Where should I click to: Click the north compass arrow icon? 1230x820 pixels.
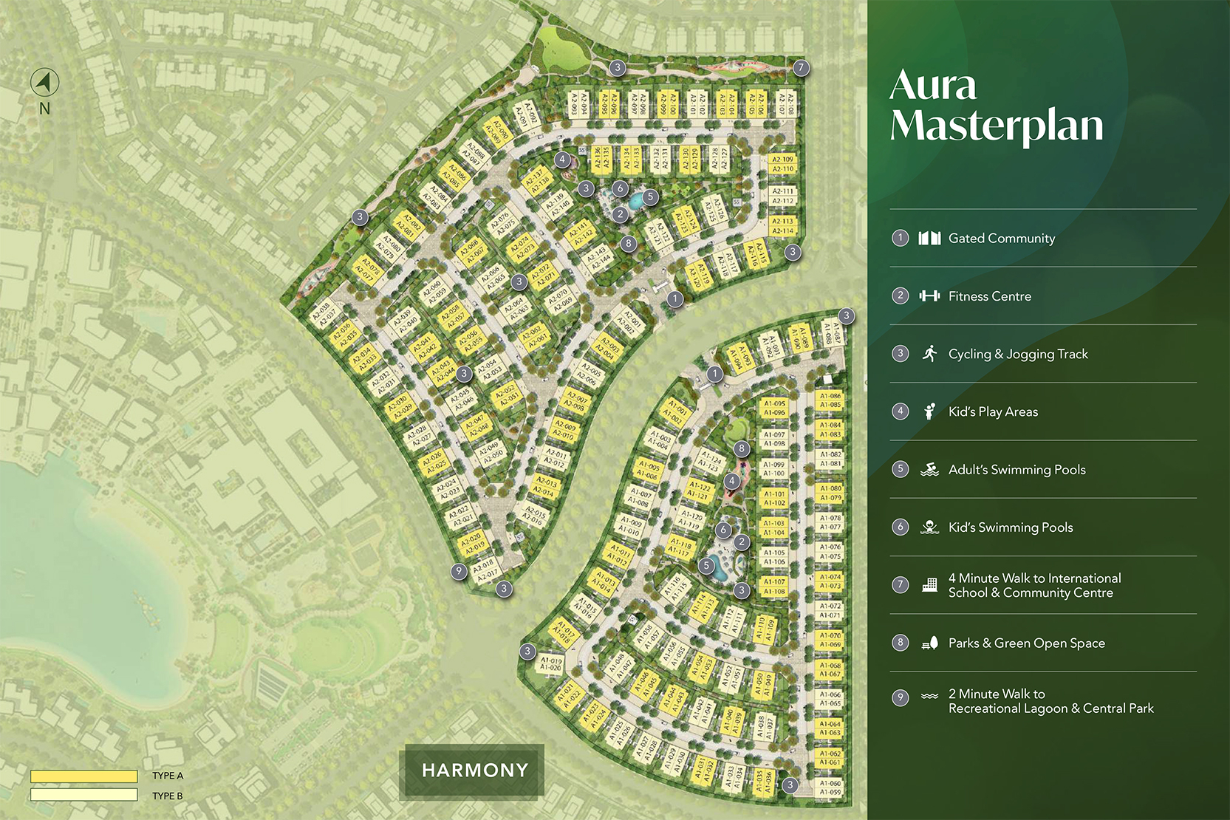point(44,82)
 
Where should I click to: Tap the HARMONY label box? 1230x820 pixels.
point(475,771)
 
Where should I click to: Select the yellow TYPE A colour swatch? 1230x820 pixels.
point(83,776)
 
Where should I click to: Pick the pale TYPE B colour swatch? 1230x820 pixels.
point(83,795)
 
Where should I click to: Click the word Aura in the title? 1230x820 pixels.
point(933,86)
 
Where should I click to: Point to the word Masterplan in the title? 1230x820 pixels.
point(997,126)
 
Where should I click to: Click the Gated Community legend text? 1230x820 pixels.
point(1001,239)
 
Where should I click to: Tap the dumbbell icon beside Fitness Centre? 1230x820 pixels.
point(929,296)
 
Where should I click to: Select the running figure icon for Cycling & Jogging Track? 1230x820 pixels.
point(929,353)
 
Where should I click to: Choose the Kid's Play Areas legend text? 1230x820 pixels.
point(993,412)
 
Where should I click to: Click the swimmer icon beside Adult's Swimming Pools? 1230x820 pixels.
point(929,470)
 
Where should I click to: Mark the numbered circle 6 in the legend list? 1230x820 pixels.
point(900,527)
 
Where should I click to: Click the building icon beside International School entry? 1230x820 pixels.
point(929,585)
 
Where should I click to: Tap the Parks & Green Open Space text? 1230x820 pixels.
point(1026,643)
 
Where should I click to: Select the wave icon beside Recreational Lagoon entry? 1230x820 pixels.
point(929,696)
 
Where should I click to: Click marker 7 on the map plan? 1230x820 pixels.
point(802,68)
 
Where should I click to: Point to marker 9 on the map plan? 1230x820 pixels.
point(459,571)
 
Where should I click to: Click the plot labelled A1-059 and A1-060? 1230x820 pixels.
point(830,787)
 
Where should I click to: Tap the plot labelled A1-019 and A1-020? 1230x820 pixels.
point(550,663)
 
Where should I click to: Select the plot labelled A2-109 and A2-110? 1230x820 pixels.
point(782,164)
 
